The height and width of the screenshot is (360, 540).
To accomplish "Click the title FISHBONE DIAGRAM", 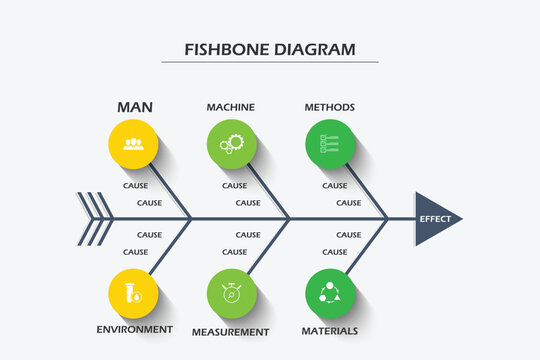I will coord(270,49).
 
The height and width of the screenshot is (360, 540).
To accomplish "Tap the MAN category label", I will coord(135,107).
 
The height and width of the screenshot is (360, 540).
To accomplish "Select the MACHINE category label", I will coord(230,107).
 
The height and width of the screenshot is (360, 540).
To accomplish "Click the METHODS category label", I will coord(329,107).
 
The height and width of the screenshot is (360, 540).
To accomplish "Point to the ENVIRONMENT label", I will coord(134,329).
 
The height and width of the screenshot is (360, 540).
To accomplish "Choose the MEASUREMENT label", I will coord(231,331).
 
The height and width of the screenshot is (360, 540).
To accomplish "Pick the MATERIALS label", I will coord(329,330).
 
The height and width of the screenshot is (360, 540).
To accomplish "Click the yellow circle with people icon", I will coord(133,143).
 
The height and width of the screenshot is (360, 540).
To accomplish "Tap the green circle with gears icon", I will coord(231,143).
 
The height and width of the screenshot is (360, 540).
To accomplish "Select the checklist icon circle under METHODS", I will coord(329,143).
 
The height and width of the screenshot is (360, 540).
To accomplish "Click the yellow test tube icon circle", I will coord(133,294).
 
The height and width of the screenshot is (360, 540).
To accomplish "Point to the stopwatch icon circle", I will coord(231,294).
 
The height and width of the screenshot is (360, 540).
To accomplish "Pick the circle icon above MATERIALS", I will coord(329,294).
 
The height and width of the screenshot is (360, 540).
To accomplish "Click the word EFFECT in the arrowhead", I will coord(435,219).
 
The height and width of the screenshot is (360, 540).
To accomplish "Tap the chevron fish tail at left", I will coord(95,218).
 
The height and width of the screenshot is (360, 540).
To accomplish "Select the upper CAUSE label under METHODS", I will coord(335,185).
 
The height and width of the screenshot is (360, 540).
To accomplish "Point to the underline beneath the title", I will coord(270,62).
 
